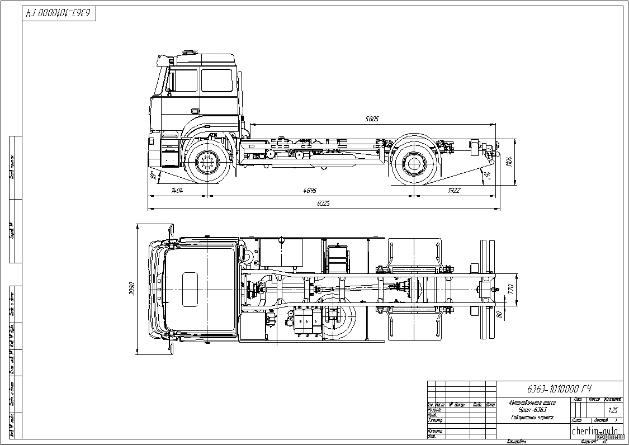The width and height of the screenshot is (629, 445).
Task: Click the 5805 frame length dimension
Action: click(372, 119)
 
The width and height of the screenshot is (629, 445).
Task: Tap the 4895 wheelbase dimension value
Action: click(310, 191)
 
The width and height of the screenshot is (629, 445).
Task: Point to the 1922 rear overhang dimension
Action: click(453, 191)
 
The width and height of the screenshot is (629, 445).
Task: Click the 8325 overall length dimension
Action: click(323, 203)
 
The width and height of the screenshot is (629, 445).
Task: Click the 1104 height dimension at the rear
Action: click(509, 162)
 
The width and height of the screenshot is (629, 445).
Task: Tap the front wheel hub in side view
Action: click(206, 163)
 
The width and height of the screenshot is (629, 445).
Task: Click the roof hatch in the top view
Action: click(191, 289)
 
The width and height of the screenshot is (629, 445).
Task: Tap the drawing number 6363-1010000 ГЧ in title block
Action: click(559, 389)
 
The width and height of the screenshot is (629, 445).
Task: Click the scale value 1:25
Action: click(613, 410)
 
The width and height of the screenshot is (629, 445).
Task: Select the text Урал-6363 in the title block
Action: click(532, 410)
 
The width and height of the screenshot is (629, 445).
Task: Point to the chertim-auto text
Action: click(594, 430)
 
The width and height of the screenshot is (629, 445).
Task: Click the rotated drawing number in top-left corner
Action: click(59, 13)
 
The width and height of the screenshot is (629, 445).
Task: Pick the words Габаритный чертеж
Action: click(532, 418)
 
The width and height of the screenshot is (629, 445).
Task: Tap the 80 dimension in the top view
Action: click(499, 315)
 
